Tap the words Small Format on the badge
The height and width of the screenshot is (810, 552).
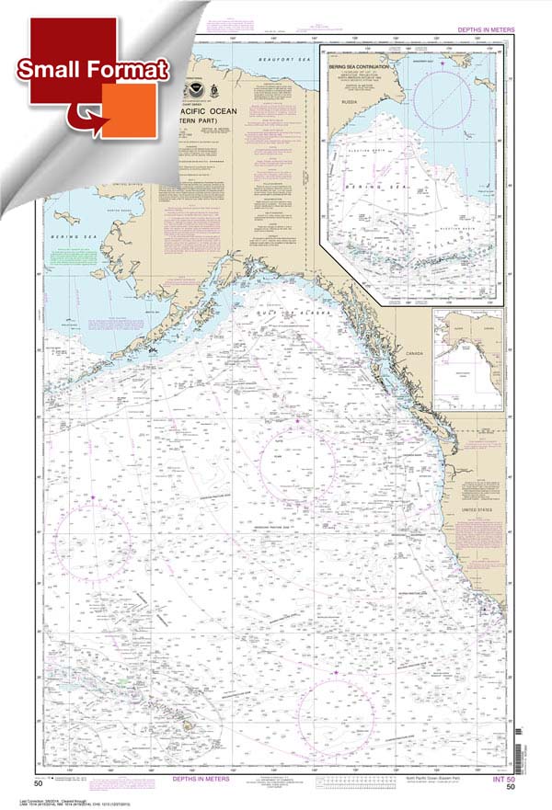tap(91, 69)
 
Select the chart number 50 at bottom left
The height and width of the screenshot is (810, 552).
tap(39, 783)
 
